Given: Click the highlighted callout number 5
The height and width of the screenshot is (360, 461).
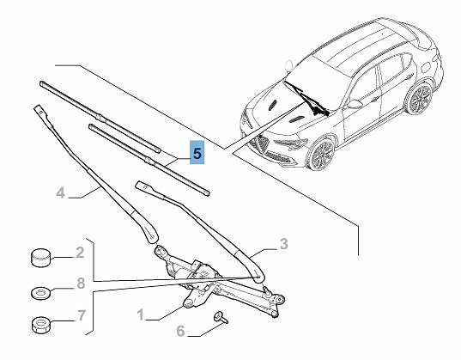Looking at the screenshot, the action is click(197, 153).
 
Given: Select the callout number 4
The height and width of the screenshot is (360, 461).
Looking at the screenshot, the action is click(61, 193).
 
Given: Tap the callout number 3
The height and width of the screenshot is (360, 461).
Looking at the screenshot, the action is click(283, 244).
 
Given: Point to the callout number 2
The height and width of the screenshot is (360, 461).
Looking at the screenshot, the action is click(80, 253).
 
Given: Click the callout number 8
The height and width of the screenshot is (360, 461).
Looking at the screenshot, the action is click(81, 284).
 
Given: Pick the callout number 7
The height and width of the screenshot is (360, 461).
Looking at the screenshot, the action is click(82, 315).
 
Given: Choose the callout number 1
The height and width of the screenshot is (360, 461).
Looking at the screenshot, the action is click(141, 314).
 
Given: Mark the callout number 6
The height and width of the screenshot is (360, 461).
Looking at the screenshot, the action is click(180, 331).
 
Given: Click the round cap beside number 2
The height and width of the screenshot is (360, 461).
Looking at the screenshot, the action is click(40, 258).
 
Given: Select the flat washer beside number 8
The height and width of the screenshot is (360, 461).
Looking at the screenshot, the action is click(40, 293).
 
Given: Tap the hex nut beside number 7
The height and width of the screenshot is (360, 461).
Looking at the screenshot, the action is click(40, 325).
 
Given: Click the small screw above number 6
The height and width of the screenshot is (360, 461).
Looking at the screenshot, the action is click(221, 318).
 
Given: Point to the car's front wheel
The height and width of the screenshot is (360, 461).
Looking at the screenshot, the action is click(321, 153).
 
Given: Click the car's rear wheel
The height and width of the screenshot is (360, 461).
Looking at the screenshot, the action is click(420, 99).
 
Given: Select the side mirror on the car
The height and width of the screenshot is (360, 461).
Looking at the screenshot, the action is click(354, 104).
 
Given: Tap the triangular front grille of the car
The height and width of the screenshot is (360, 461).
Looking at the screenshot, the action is click(262, 144).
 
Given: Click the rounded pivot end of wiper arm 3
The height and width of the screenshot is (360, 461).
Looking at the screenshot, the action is click(258, 274).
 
